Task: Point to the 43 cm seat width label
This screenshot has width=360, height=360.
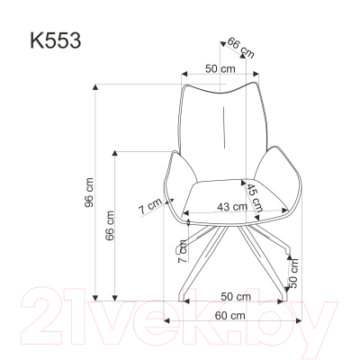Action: click(x=233, y=206)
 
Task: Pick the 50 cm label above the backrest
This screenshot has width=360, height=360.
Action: click(x=217, y=68)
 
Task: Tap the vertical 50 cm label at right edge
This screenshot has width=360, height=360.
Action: click(x=293, y=269)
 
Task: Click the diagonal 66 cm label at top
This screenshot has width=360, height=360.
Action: click(x=238, y=47)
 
